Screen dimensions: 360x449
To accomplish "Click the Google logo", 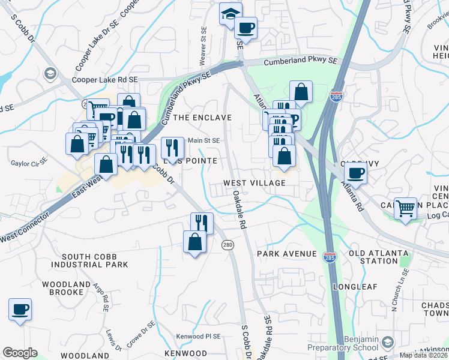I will coord(20,353).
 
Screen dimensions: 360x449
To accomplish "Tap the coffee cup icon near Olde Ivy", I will coord(355,173).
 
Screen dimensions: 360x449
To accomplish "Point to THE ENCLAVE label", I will coord(202,118).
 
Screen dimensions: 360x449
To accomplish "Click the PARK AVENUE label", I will coord(286,254).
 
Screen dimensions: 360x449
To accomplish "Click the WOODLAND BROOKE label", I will coord(62,288).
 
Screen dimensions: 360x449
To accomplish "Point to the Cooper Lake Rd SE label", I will coord(105,79).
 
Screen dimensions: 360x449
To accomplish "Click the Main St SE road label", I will coord(203,141).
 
